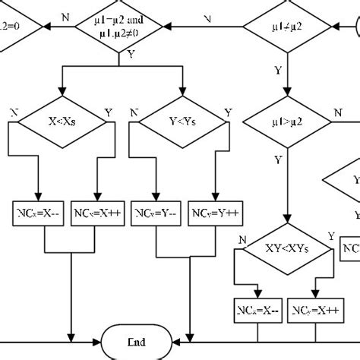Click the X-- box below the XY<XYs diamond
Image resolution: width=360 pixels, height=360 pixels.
click(257, 310)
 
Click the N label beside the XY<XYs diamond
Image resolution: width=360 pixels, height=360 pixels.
click(242, 239)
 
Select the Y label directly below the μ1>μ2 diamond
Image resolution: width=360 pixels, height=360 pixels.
click(278, 160)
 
